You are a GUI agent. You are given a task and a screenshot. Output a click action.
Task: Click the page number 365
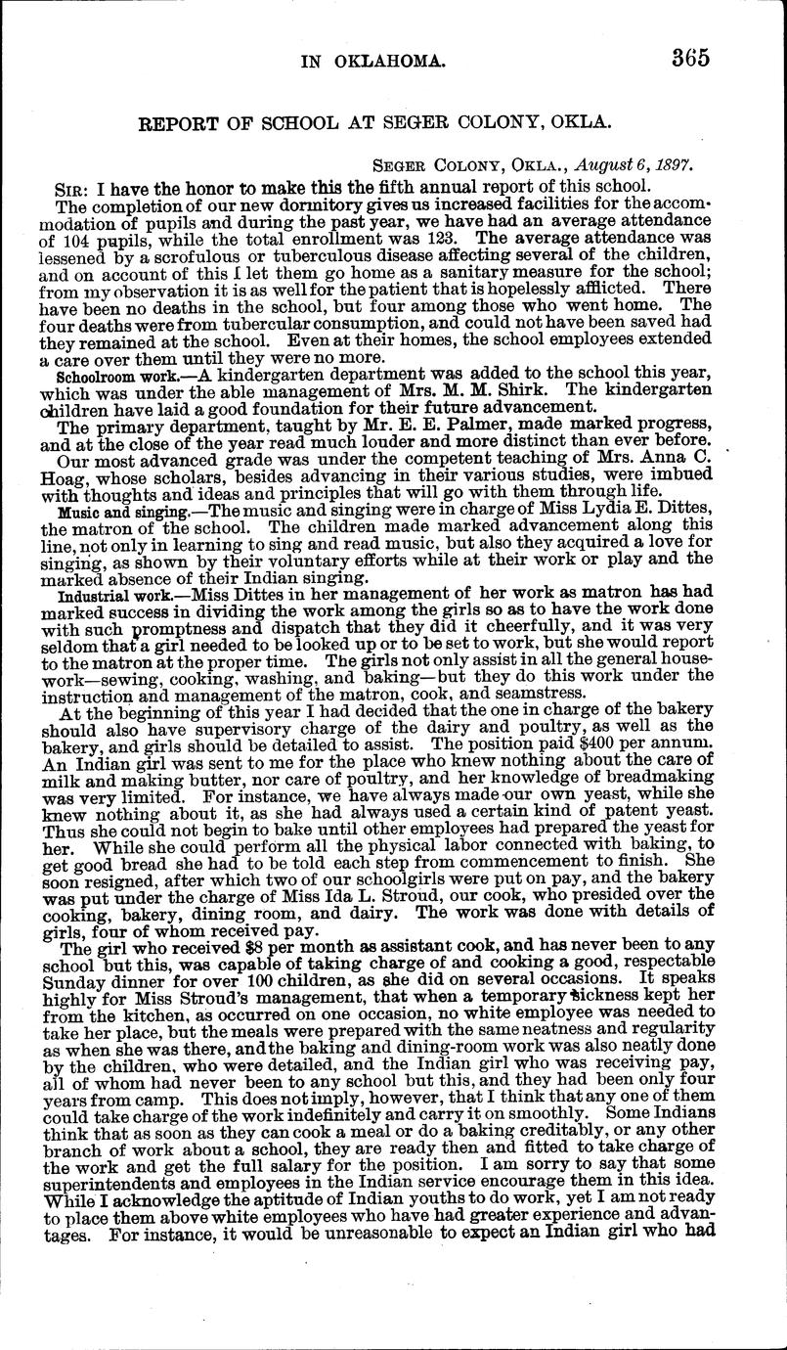(690, 58)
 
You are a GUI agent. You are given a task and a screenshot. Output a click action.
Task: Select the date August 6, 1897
(634, 165)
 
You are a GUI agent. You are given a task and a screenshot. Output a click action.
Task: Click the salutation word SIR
(72, 186)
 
